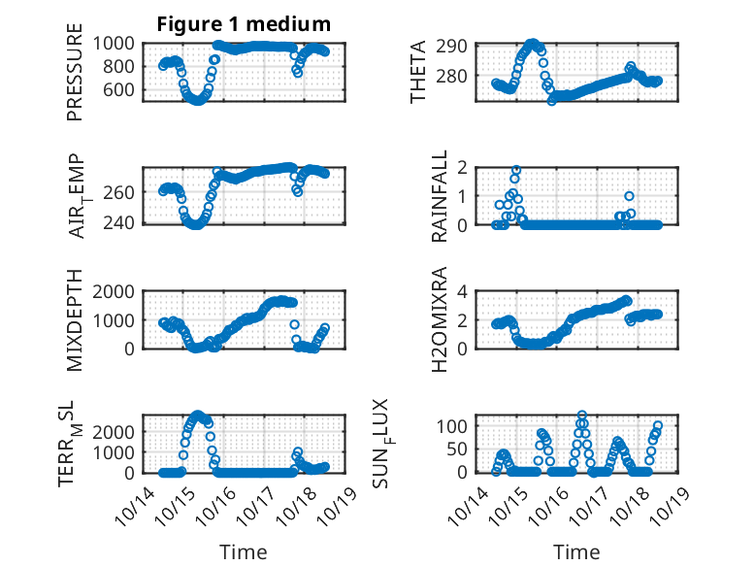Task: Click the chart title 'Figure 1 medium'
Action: (244, 24)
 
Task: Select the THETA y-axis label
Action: (418, 73)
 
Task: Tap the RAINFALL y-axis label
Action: (439, 195)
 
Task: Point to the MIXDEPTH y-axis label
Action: (75, 319)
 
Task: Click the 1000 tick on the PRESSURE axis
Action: (117, 43)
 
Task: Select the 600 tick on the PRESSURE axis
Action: (122, 89)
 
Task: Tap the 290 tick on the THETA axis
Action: (459, 46)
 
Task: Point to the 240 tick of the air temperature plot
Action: (122, 222)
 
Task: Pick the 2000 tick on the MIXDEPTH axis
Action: (117, 291)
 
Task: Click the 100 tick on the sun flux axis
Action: (455, 426)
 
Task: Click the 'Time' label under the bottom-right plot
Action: (576, 551)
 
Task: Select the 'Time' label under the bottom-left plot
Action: (244, 551)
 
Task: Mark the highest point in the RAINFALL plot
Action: (516, 170)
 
